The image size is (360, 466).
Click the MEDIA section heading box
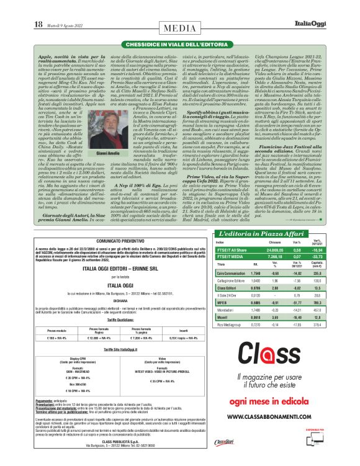[179, 28]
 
